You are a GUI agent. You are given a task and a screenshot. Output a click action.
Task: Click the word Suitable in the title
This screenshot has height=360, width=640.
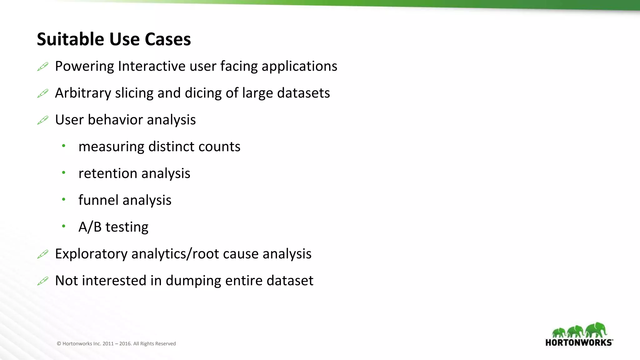[70, 39]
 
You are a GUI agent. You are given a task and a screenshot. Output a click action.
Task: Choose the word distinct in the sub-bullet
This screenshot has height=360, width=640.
[171, 147]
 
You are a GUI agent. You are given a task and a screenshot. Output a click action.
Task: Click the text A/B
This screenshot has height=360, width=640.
[90, 227]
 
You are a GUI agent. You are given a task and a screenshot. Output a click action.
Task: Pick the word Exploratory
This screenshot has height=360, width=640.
[91, 254]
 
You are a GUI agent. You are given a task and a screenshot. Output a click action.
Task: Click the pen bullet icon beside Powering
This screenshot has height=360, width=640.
[43, 67]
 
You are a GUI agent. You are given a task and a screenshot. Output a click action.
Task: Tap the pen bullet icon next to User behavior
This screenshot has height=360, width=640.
[43, 120]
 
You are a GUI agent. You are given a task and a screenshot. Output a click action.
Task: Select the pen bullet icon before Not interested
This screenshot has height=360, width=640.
[43, 281]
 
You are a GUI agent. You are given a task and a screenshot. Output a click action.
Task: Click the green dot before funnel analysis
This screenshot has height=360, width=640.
[64, 199]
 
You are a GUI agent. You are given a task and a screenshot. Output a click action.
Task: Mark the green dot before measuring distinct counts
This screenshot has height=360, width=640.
[64, 146]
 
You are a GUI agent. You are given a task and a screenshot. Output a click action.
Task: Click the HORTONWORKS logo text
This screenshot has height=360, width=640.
[579, 342]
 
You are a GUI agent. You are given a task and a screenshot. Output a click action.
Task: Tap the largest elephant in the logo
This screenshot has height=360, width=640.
[596, 330]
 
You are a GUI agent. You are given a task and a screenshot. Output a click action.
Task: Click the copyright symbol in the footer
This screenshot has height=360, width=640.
[59, 344]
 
